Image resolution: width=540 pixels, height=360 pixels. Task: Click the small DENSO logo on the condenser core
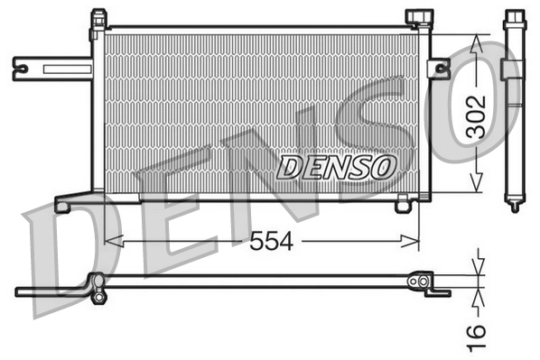336,166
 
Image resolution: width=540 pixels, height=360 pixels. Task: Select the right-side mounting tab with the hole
439,68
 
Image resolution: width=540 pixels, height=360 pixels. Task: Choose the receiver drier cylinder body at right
513,108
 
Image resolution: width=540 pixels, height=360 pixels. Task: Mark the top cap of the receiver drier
513,18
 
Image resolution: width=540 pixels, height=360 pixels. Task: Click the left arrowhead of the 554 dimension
111,241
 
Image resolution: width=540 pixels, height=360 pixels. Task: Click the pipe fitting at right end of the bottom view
418,282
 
